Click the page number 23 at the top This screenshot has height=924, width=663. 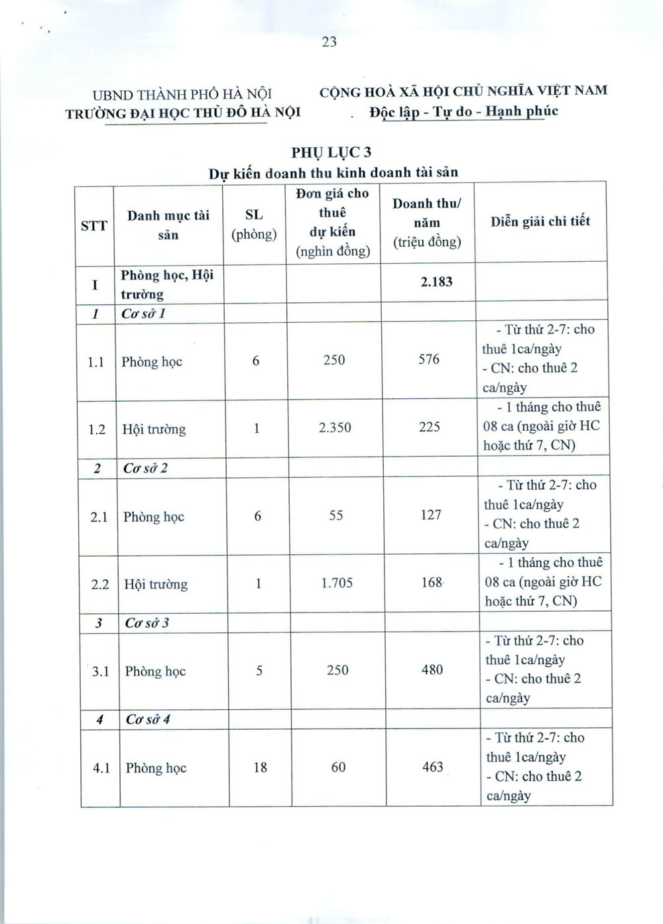(330, 42)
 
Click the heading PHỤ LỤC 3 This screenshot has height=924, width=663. (331, 152)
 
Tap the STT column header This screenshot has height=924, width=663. (93, 225)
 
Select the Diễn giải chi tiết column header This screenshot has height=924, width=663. (540, 221)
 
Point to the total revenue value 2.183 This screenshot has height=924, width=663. (436, 282)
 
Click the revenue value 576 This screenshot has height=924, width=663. (429, 359)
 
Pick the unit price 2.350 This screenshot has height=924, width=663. (335, 428)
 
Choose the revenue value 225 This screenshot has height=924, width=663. (430, 427)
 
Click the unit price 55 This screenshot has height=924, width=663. (336, 515)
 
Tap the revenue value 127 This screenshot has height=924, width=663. (431, 514)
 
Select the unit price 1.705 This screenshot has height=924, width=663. (337, 583)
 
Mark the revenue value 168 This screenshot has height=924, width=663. (432, 583)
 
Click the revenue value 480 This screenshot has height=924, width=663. (432, 669)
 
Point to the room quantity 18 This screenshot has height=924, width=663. (260, 768)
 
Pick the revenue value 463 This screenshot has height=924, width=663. (433, 767)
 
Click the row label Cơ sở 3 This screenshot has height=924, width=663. (147, 623)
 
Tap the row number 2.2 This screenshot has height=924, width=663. (99, 584)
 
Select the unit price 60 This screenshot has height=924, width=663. (338, 767)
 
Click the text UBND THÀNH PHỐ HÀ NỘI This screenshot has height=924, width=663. (182, 95)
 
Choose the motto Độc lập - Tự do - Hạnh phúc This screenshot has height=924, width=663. (463, 111)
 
